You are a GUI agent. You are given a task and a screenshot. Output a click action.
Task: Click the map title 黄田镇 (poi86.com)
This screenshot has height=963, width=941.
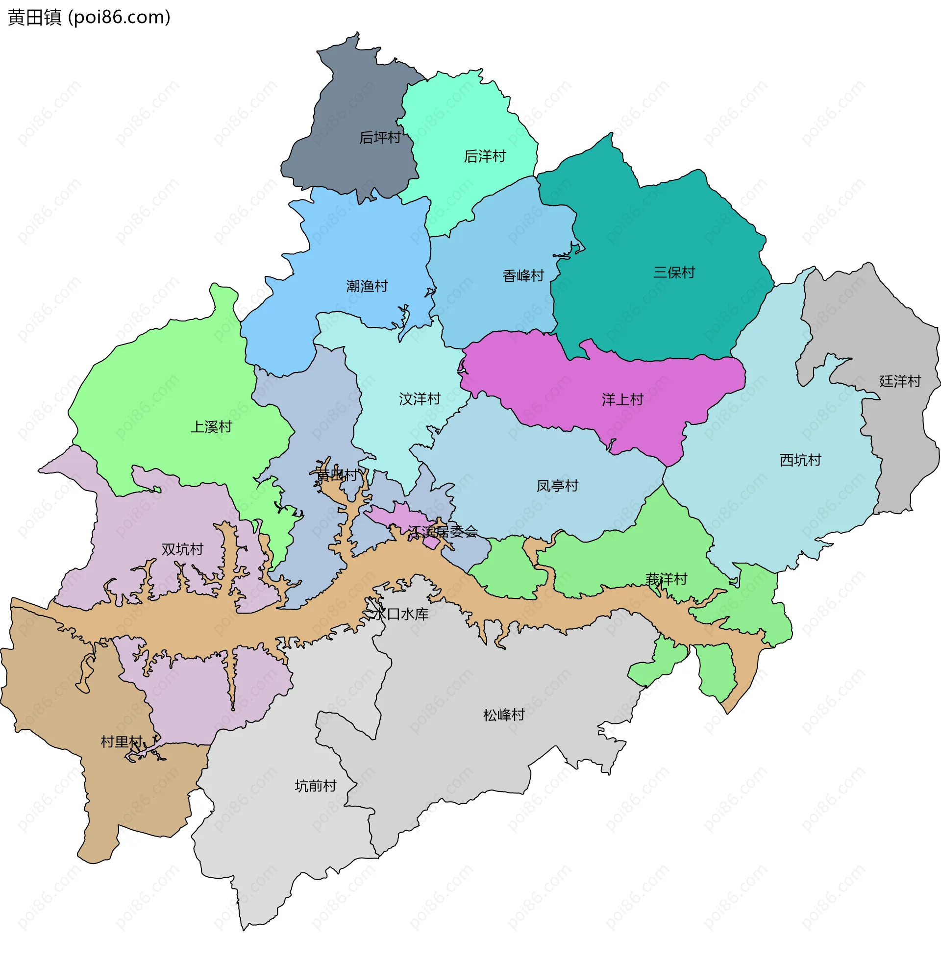click(x=90, y=17)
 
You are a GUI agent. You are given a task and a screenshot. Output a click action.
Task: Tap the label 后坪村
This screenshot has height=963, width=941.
click(x=379, y=137)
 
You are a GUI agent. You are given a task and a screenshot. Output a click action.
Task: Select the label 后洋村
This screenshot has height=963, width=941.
click(x=484, y=156)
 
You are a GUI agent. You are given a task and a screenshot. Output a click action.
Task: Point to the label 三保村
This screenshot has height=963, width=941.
click(x=673, y=272)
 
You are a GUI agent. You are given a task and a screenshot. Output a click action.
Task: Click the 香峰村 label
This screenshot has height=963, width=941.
click(x=523, y=276)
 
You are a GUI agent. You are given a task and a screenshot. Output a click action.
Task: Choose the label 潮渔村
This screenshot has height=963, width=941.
click(x=367, y=286)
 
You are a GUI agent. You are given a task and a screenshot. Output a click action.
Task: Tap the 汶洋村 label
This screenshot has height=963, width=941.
click(x=419, y=399)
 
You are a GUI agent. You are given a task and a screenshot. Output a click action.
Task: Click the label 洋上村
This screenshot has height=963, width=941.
click(x=622, y=399)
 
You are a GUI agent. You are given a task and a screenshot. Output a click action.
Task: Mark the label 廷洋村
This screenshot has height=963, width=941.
click(x=900, y=381)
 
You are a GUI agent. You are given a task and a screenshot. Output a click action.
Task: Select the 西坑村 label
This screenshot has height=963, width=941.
click(x=800, y=460)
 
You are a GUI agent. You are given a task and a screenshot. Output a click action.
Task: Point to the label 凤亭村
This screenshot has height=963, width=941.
click(x=557, y=486)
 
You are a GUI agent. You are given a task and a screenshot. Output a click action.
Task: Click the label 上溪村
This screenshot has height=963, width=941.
click(x=211, y=427)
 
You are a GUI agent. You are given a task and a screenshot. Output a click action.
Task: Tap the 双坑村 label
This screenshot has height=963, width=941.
click(x=182, y=549)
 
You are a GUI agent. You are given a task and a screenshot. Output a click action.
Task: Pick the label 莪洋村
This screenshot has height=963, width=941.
click(x=666, y=579)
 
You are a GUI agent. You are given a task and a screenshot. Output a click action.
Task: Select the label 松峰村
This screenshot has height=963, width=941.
click(x=504, y=715)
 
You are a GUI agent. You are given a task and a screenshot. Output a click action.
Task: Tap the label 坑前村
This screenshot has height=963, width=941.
click(x=315, y=786)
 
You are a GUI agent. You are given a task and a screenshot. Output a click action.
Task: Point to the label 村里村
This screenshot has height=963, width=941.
click(x=122, y=741)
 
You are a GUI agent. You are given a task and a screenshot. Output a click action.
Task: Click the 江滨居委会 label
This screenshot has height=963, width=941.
click(x=443, y=532)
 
